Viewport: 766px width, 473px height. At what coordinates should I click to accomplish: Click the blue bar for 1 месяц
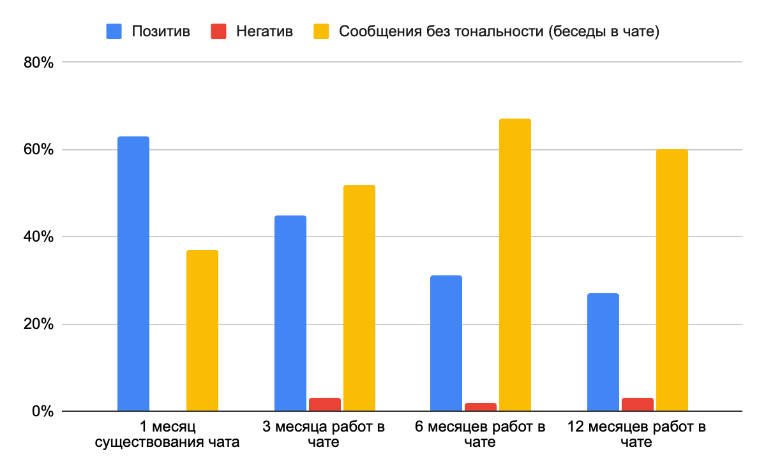pyautogui.click(x=133, y=274)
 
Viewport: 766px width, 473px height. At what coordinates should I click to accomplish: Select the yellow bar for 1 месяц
pyautogui.click(x=202, y=330)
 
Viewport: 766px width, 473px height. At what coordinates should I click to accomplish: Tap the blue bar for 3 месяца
pyautogui.click(x=290, y=313)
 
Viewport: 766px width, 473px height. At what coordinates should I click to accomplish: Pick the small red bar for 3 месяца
pyautogui.click(x=325, y=404)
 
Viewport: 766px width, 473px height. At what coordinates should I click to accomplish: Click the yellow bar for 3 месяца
pyautogui.click(x=359, y=298)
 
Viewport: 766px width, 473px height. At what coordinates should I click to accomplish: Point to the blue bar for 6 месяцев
pyautogui.click(x=446, y=343)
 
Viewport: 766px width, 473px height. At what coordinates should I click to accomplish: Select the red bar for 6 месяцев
pyautogui.click(x=481, y=407)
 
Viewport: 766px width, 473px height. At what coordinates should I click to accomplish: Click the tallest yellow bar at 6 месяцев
pyautogui.click(x=515, y=265)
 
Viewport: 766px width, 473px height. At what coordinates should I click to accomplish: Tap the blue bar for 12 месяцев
pyautogui.click(x=603, y=352)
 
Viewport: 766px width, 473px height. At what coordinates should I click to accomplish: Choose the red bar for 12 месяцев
pyautogui.click(x=638, y=404)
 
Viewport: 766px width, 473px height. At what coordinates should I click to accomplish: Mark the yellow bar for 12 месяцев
pyautogui.click(x=672, y=280)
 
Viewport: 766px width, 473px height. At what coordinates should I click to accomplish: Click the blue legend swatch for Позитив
pyautogui.click(x=114, y=31)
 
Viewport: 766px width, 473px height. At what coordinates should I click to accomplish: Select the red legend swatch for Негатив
pyautogui.click(x=218, y=31)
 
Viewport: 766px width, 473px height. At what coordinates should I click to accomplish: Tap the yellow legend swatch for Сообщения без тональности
pyautogui.click(x=320, y=31)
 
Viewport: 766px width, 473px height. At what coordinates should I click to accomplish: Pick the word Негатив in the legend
pyautogui.click(x=264, y=31)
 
